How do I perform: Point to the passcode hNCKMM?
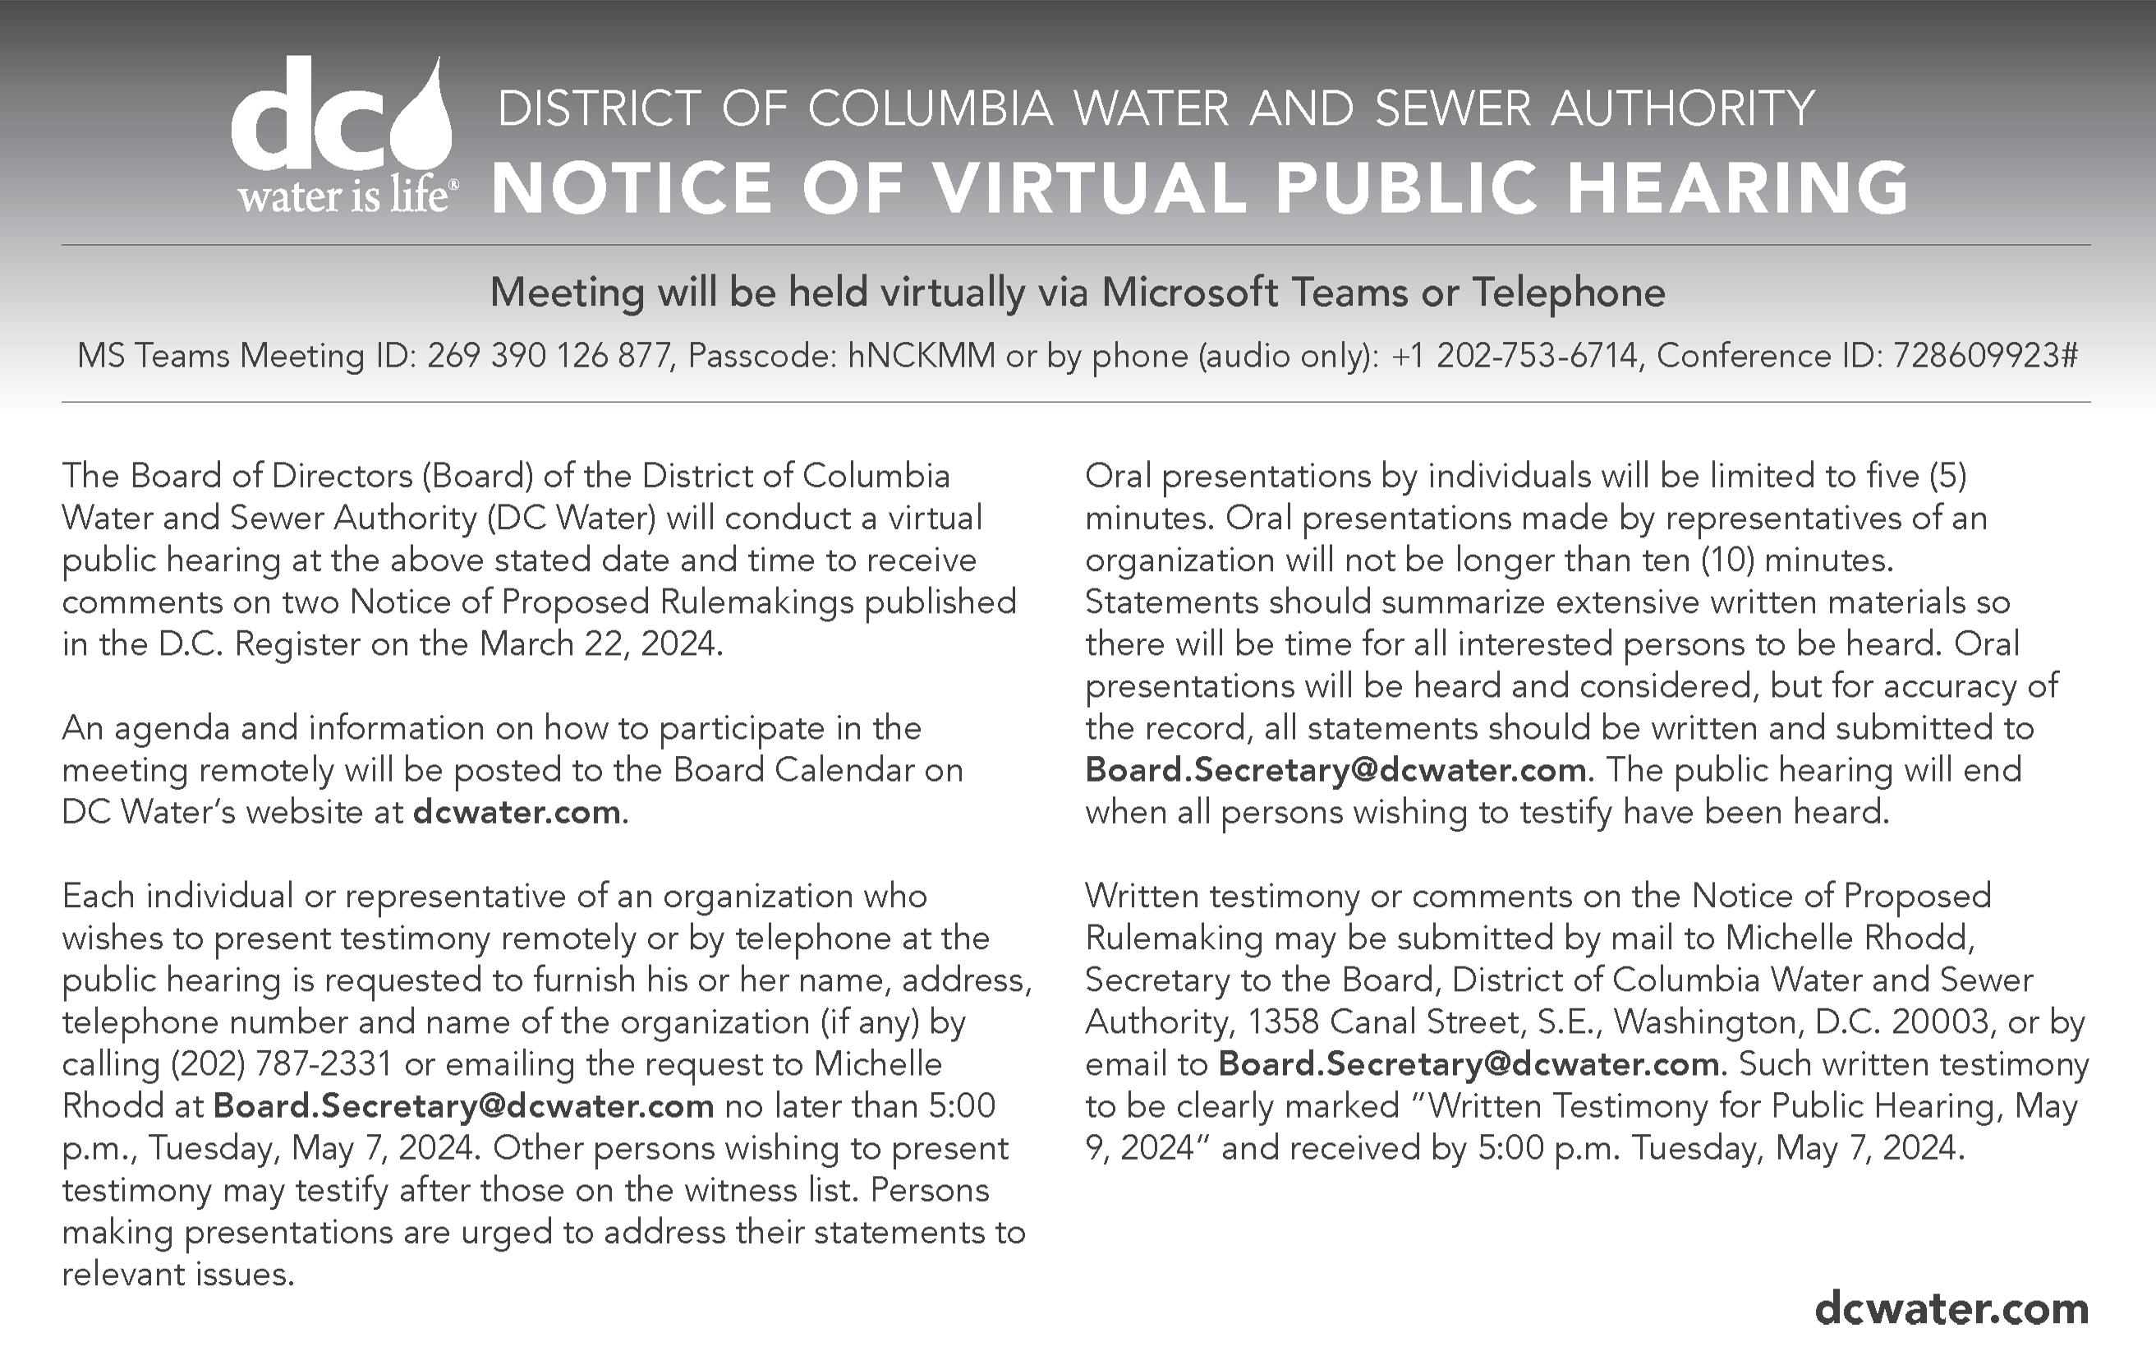point(922,357)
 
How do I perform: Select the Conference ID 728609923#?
point(1984,357)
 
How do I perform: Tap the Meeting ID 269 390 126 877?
point(549,357)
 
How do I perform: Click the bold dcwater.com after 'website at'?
point(517,812)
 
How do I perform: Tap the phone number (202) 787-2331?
point(280,1064)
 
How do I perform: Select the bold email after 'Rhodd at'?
point(463,1106)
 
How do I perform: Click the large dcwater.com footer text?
point(1951,1308)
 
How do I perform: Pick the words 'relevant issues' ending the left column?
point(177,1275)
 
